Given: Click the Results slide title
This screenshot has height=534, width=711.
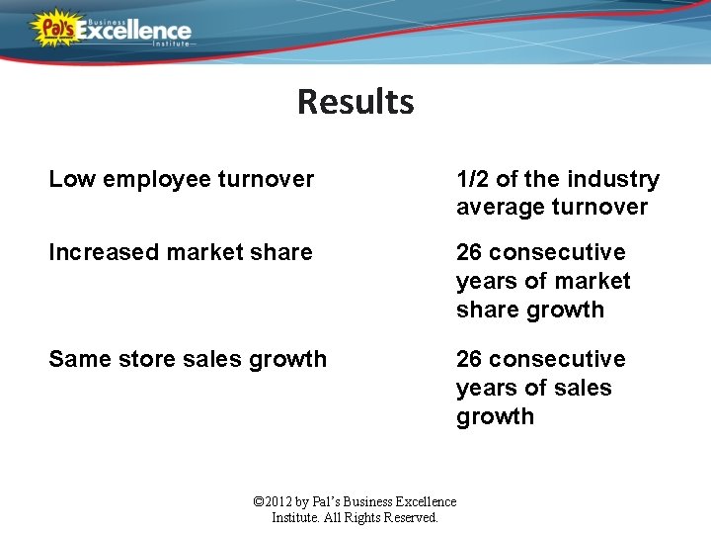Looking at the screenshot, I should click(x=355, y=102).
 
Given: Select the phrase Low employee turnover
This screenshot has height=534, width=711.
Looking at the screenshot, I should click(x=181, y=179).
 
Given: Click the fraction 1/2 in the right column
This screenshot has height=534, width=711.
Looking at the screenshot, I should click(x=472, y=179).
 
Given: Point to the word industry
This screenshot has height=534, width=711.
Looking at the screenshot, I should click(x=613, y=179).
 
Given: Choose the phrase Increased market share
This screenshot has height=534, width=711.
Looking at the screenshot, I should click(x=180, y=252).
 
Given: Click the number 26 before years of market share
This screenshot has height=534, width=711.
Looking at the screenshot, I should click(x=469, y=252).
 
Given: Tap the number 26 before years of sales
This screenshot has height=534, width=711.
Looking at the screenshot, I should click(x=469, y=359).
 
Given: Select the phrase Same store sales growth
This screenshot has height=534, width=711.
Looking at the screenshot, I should click(x=187, y=359).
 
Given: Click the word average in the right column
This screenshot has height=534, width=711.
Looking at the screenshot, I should click(x=500, y=208).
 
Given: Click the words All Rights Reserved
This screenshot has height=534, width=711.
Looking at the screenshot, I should click(x=379, y=517).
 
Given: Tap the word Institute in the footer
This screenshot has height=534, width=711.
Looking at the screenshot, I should click(x=294, y=517).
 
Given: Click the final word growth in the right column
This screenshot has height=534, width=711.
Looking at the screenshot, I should click(x=495, y=416).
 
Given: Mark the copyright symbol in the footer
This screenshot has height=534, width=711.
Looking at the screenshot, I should click(x=260, y=502).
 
